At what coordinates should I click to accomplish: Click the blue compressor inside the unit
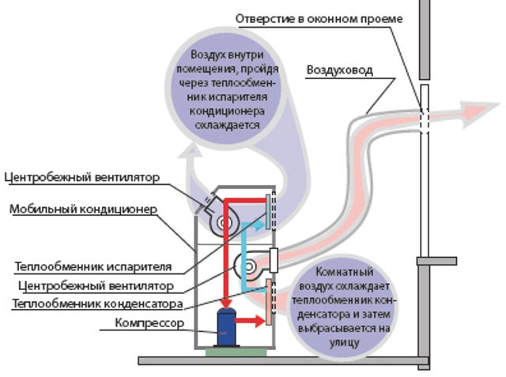click(226, 326)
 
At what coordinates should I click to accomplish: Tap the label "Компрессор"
click(149, 323)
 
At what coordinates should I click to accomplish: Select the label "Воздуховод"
click(338, 70)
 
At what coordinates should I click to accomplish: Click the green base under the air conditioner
click(233, 351)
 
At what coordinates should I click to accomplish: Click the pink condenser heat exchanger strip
click(271, 302)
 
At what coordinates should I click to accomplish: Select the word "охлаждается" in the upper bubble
click(227, 125)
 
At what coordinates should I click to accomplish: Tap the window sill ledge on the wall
click(436, 259)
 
